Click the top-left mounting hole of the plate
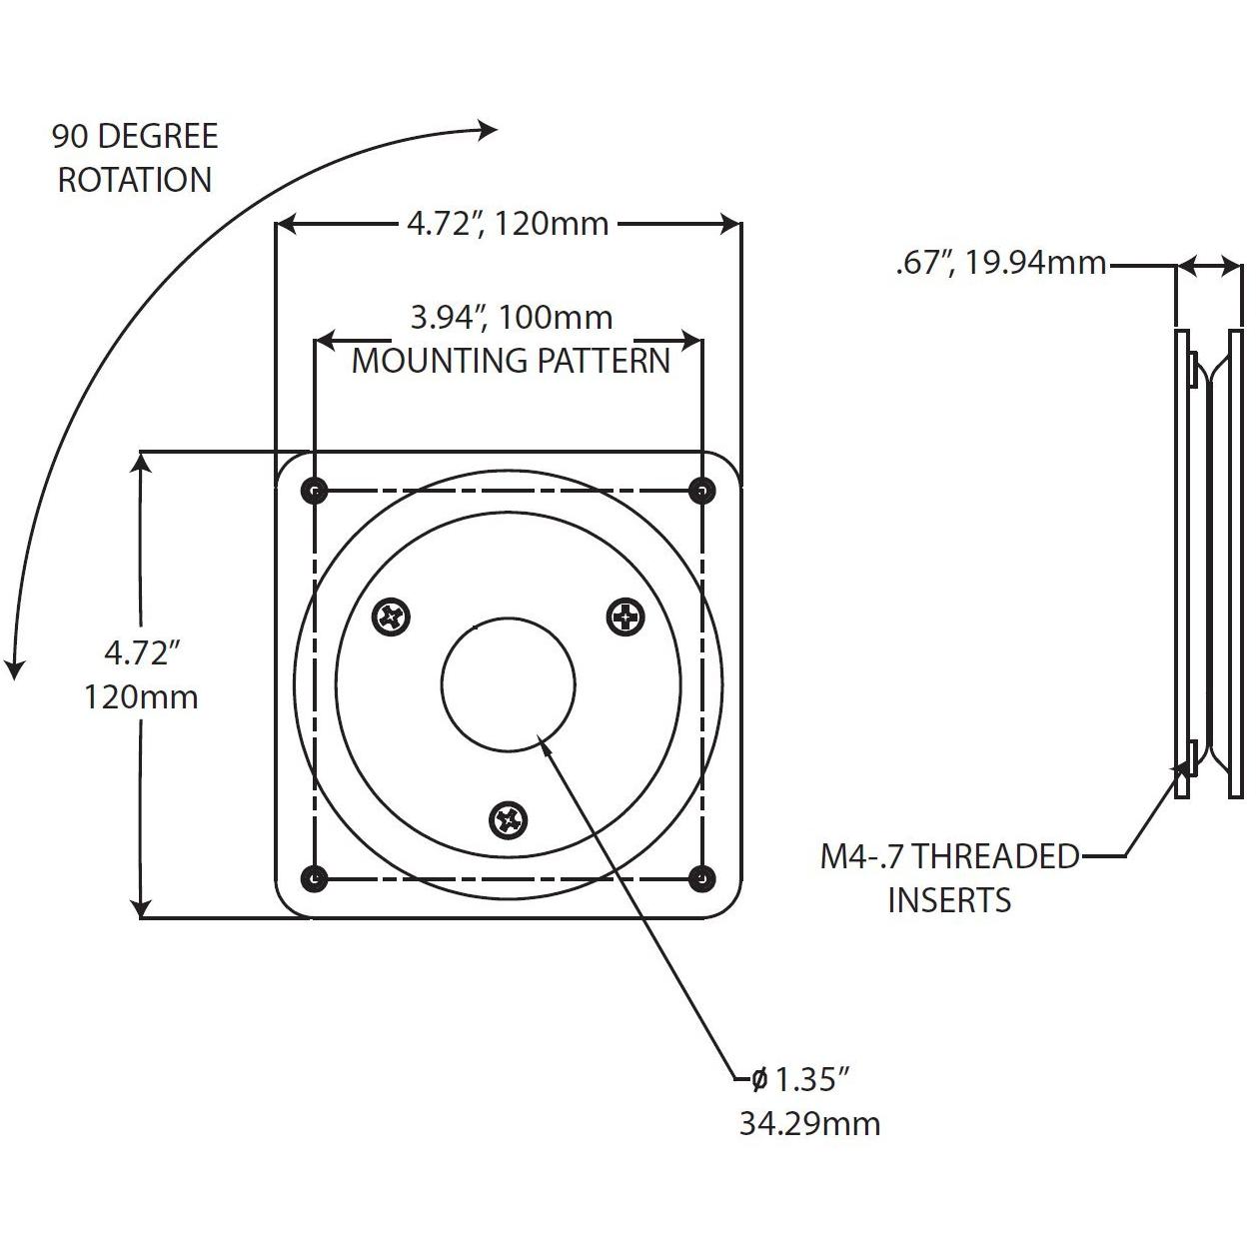pyautogui.click(x=315, y=490)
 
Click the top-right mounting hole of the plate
pyautogui.click(x=702, y=490)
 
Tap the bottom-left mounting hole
pyautogui.click(x=315, y=879)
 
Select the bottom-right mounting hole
pyautogui.click(x=702, y=879)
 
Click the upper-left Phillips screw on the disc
pyautogui.click(x=391, y=617)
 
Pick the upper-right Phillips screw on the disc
pyautogui.click(x=627, y=617)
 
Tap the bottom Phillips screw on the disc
pyautogui.click(x=509, y=821)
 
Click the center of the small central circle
pyautogui.click(x=509, y=684)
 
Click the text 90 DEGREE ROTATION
pyautogui.click(x=135, y=158)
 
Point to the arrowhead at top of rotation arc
pyautogui.click(x=489, y=129)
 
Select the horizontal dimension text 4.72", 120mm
pyautogui.click(x=508, y=223)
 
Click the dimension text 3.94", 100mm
pyautogui.click(x=512, y=318)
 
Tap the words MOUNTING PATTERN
pyautogui.click(x=511, y=361)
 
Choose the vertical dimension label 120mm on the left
pyautogui.click(x=141, y=696)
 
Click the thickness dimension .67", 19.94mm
pyautogui.click(x=1000, y=264)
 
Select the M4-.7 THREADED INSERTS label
pyautogui.click(x=949, y=877)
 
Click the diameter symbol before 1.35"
pyautogui.click(x=758, y=1079)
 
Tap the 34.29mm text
pyautogui.click(x=809, y=1123)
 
